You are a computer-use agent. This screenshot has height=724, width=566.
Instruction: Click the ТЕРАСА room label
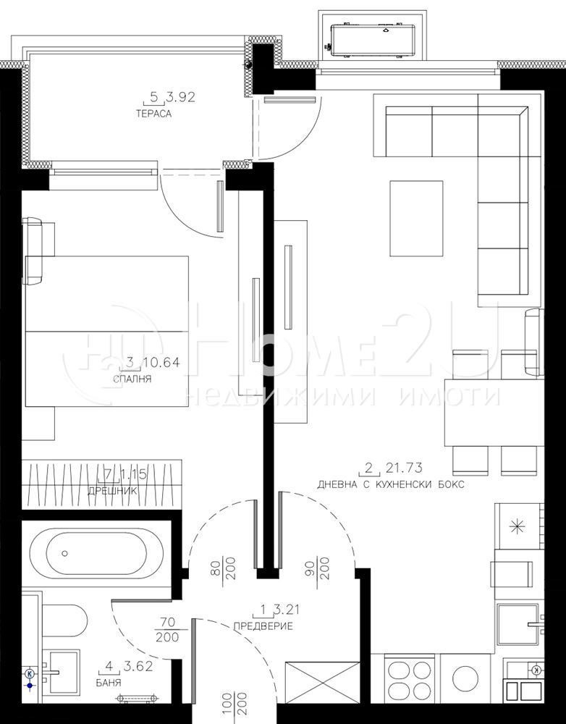[x=152, y=114]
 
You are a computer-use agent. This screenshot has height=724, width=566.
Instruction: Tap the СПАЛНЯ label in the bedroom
[x=132, y=378]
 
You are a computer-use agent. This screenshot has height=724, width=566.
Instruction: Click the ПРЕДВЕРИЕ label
[x=263, y=626]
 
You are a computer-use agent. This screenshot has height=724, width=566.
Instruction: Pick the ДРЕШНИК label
[x=112, y=490]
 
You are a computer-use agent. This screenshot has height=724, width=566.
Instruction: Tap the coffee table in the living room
[x=416, y=218]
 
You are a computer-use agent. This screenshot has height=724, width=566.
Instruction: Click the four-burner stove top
[x=410, y=678]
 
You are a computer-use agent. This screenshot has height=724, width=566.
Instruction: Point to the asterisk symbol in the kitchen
[x=518, y=526]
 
